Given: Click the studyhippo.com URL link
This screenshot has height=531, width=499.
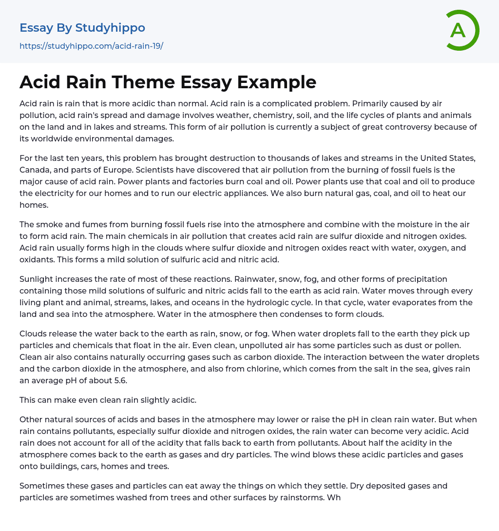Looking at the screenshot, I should pos(91,46).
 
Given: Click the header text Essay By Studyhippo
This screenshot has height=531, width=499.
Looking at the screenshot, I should pos(82,28).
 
